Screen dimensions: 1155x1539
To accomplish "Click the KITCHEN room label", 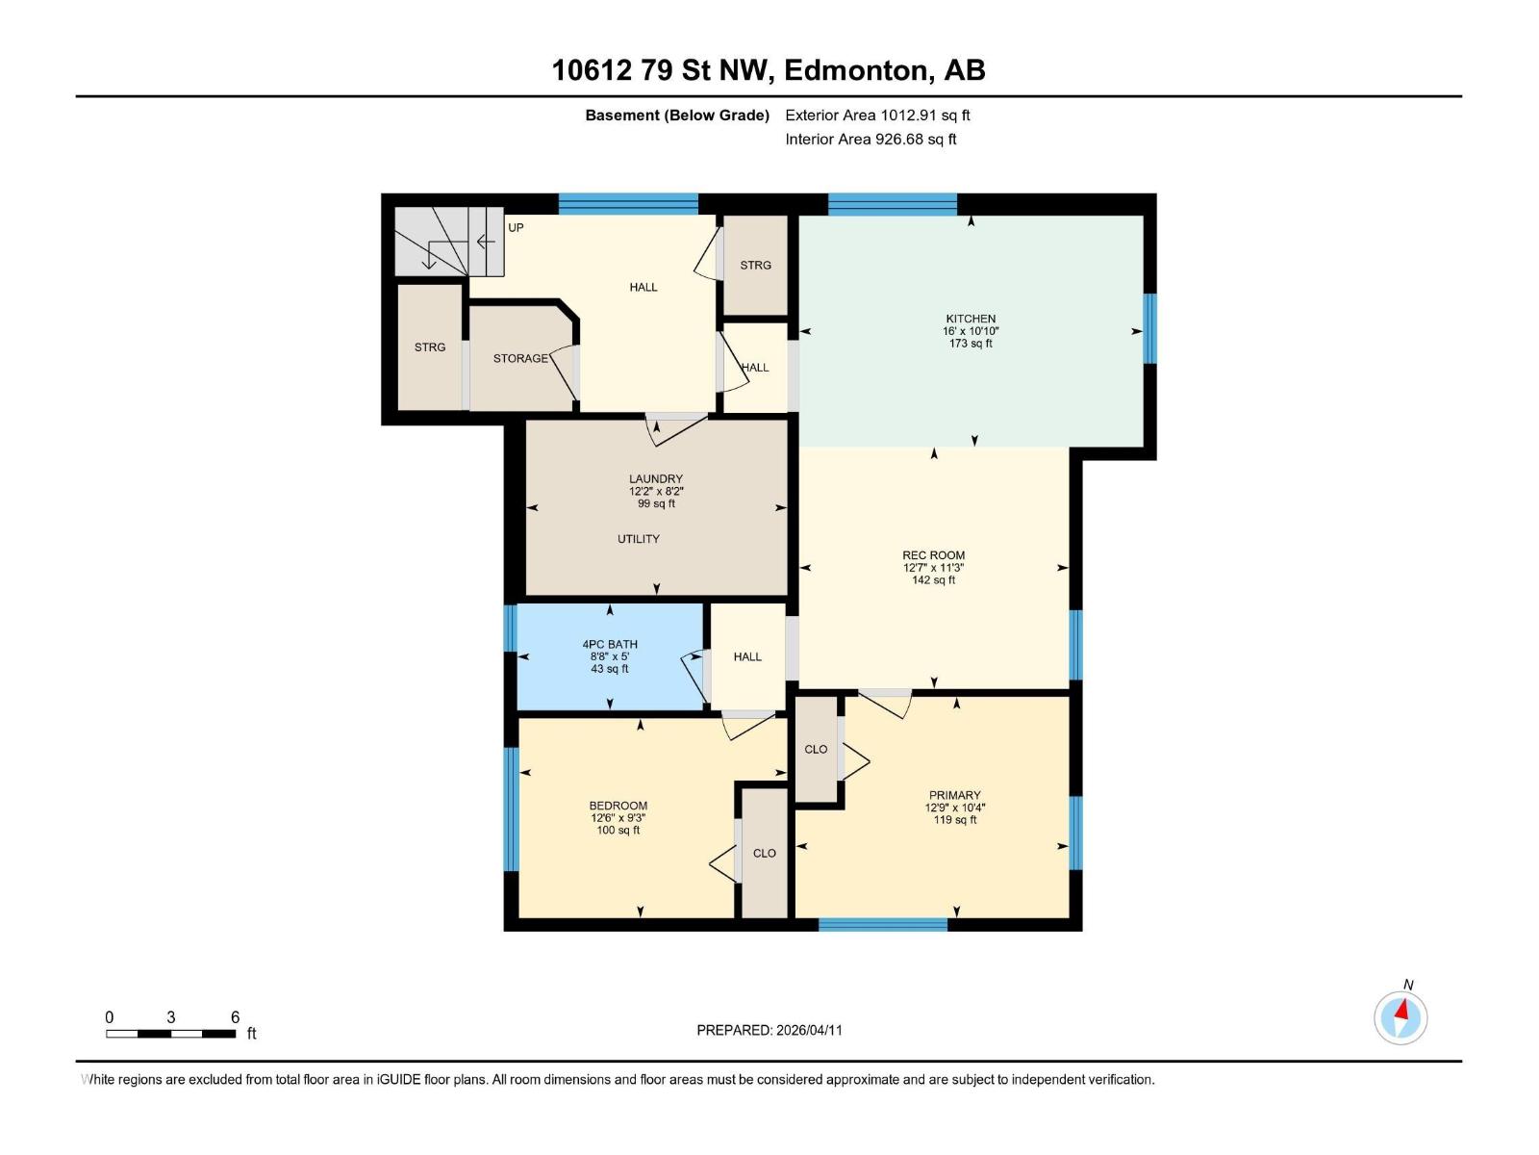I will coord(971,319).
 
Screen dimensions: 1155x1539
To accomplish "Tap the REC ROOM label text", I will coord(933,555).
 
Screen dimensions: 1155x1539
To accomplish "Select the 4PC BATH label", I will coord(610,645).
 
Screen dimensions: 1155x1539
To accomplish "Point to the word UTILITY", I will coord(639,539).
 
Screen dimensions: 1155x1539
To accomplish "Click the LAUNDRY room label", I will coord(656,479).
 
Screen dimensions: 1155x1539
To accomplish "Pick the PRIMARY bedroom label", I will coord(954,796).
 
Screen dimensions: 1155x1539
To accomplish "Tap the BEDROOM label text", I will coord(618,807).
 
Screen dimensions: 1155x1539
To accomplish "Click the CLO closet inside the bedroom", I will coord(765,854).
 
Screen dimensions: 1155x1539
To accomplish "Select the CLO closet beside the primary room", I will coord(816,750).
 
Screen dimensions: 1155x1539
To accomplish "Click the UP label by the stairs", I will coord(516,228).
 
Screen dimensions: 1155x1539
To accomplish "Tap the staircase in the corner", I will coord(447,242).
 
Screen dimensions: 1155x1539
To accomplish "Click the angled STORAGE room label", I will coord(520,358).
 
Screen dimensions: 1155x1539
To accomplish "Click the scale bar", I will coord(171,1034).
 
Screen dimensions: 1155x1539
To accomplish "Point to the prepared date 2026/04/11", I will coord(769,1030).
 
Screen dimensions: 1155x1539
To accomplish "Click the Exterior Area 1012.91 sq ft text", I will coord(877,115).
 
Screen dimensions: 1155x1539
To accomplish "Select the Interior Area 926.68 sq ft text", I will coord(870,140).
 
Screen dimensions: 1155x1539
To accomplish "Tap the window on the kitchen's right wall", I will coord(1149,328).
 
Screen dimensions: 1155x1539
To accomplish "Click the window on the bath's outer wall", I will coord(511,628).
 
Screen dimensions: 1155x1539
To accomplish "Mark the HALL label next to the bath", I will coord(747,657).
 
